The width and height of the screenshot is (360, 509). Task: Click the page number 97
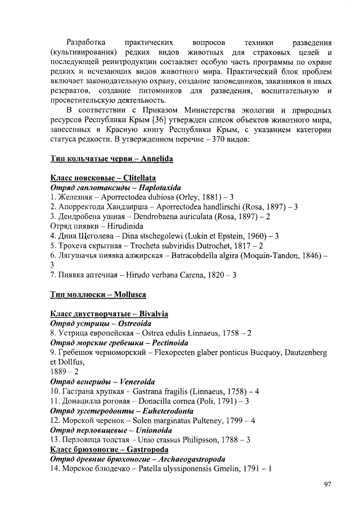coord(328,485)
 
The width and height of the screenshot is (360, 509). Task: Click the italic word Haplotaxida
coord(161,187)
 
